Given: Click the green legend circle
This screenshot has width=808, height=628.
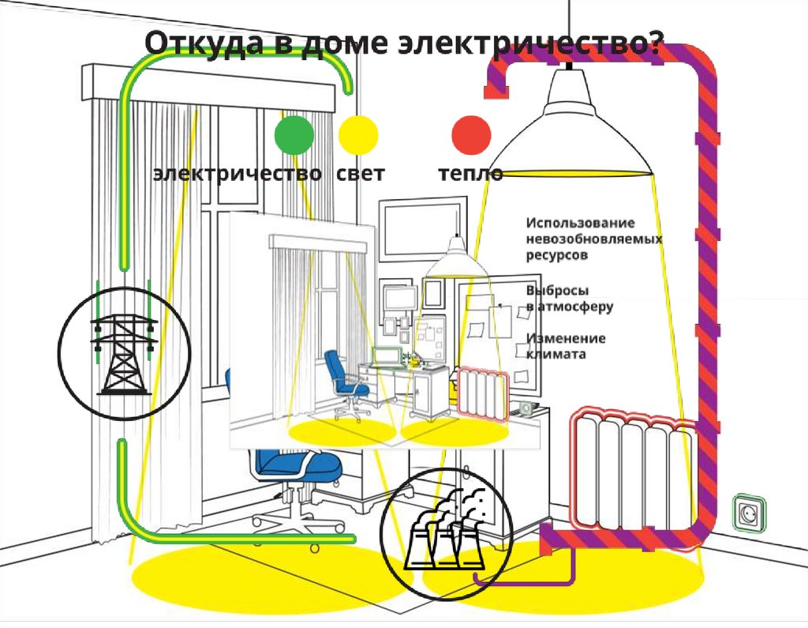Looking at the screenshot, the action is pyautogui.click(x=294, y=134).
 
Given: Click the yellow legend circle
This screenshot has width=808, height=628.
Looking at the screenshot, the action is pyautogui.click(x=358, y=134).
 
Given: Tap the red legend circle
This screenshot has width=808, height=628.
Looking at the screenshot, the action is pyautogui.click(x=472, y=134).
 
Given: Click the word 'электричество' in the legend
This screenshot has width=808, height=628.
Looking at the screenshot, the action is pyautogui.click(x=237, y=174).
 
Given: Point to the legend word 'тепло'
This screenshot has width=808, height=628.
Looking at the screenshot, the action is pyautogui.click(x=471, y=174).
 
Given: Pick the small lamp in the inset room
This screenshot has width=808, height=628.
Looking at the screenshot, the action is pyautogui.click(x=457, y=260).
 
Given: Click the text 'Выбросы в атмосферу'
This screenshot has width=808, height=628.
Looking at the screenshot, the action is pyautogui.click(x=569, y=297).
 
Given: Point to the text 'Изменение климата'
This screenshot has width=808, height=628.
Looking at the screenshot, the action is pyautogui.click(x=566, y=346).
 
